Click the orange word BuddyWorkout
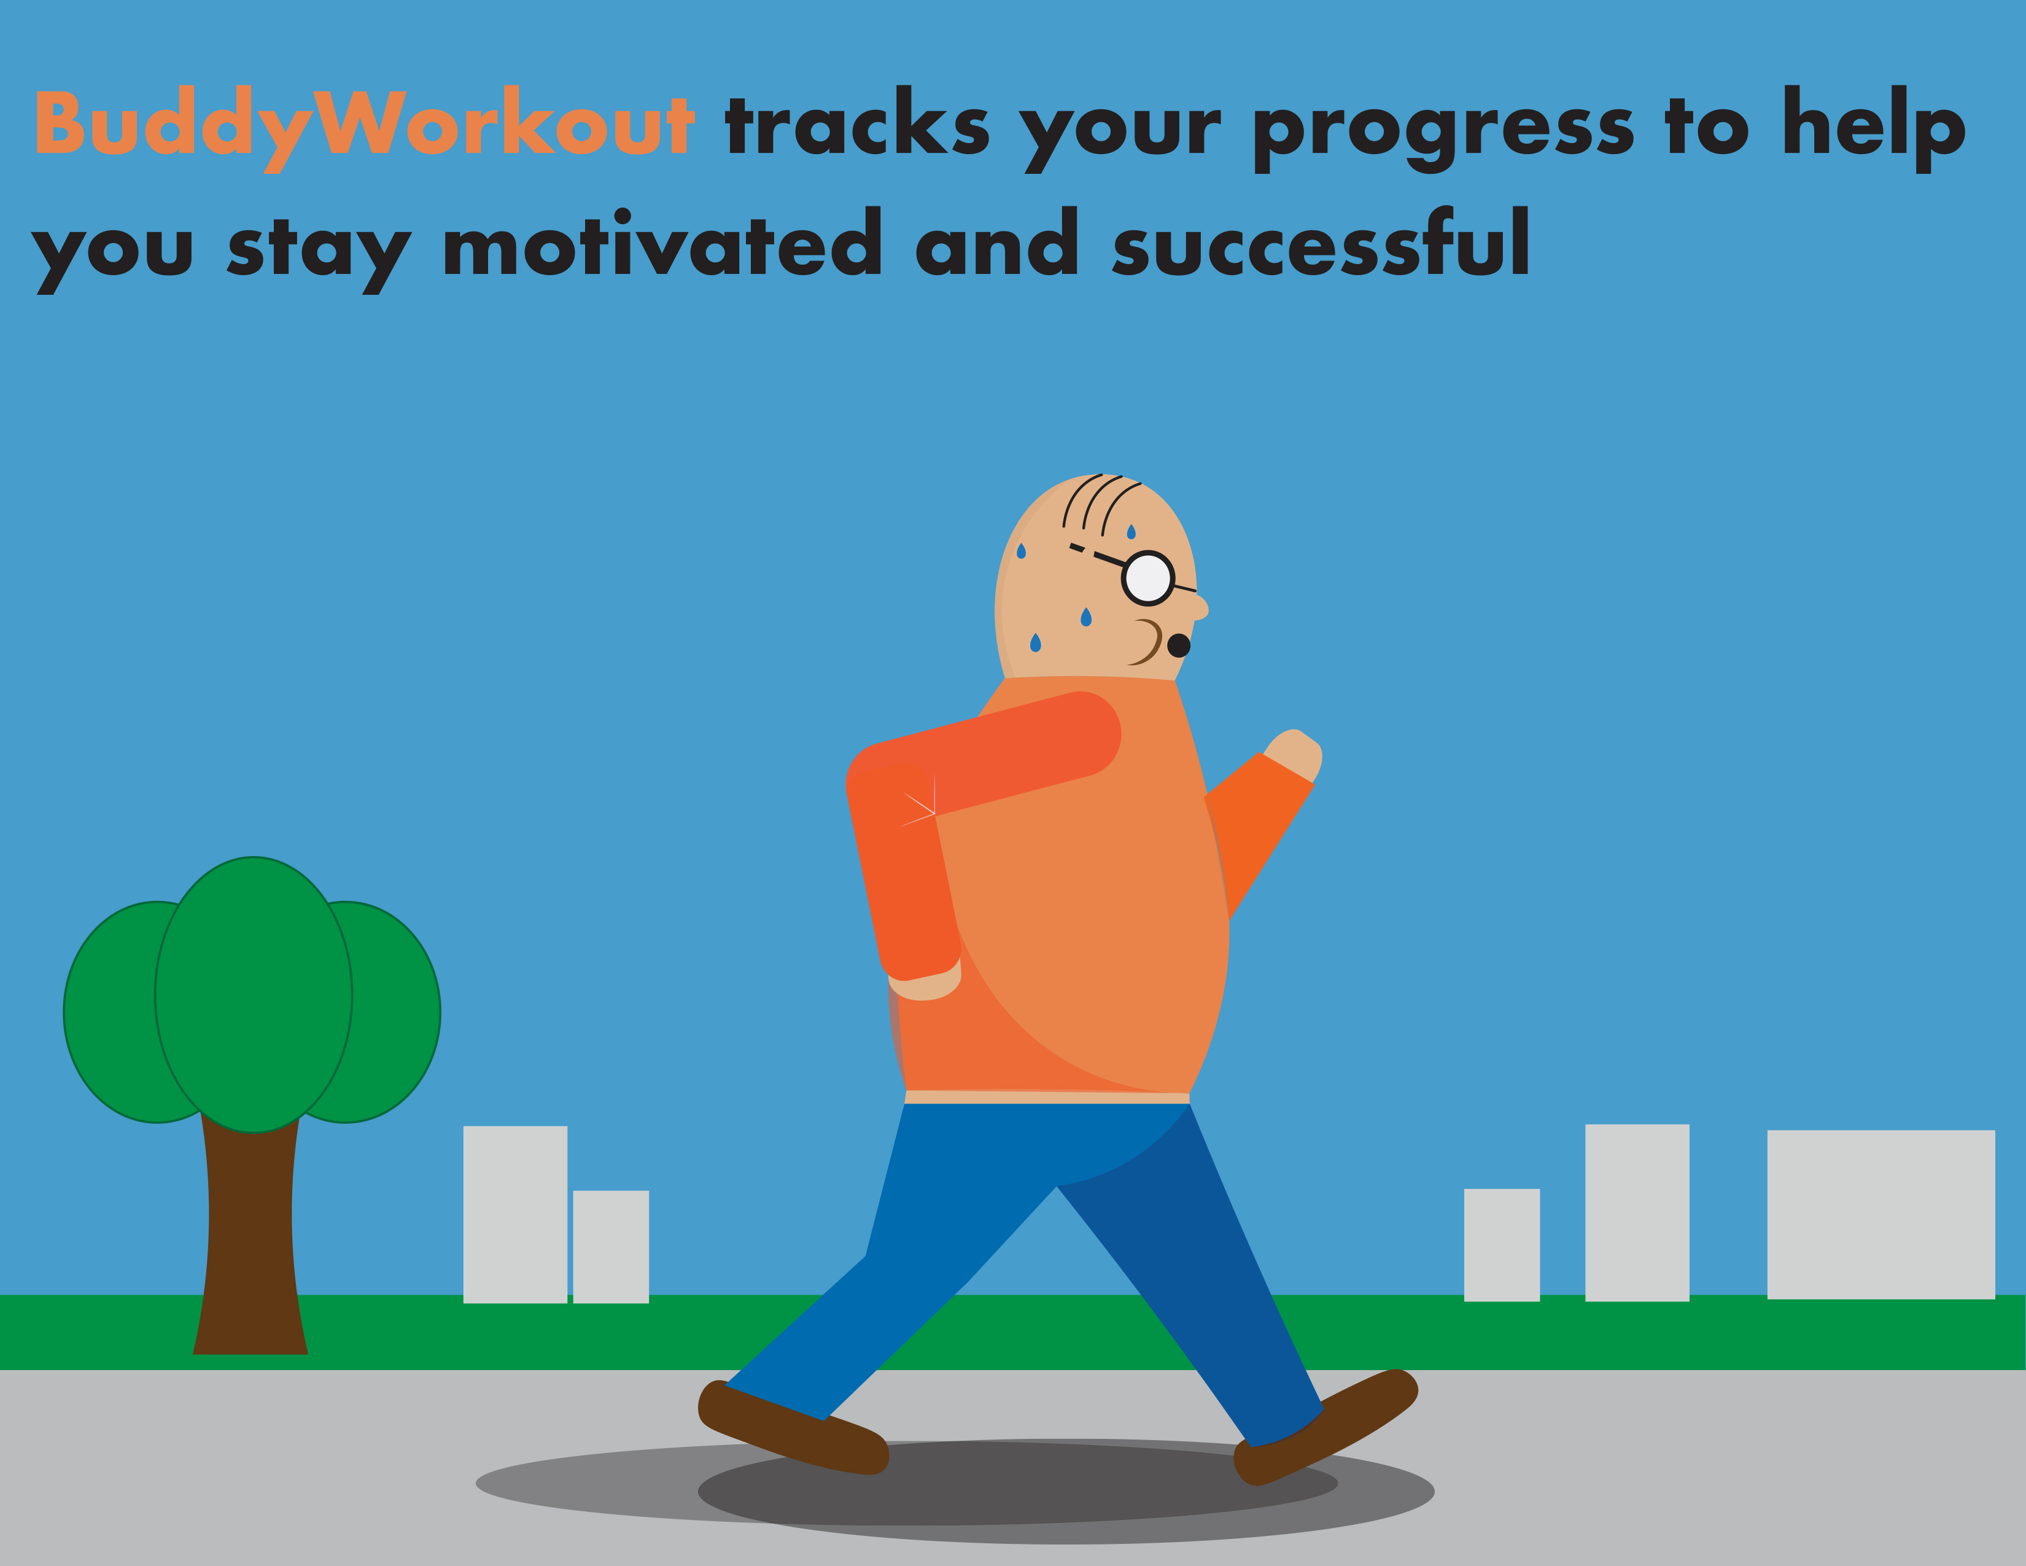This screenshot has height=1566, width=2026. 365,128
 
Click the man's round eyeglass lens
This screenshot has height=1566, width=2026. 1149,578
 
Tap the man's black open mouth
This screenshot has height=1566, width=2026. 1178,645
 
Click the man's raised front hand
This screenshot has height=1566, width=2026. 1294,754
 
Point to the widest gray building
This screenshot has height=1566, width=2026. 1880,1214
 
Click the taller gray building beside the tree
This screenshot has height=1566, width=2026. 515,1214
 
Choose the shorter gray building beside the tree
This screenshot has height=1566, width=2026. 610,1247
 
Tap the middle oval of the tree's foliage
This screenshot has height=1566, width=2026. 253,994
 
